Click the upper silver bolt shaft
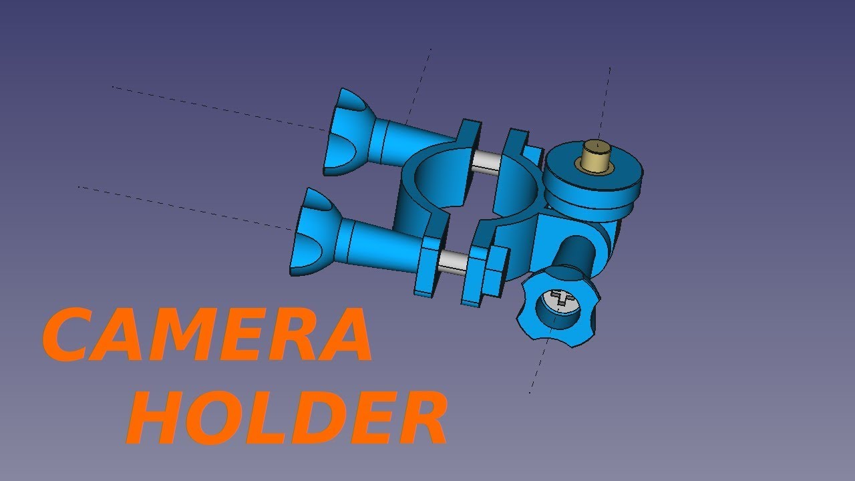point(486,162)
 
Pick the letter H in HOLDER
point(158,418)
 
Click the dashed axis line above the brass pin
point(605,100)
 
